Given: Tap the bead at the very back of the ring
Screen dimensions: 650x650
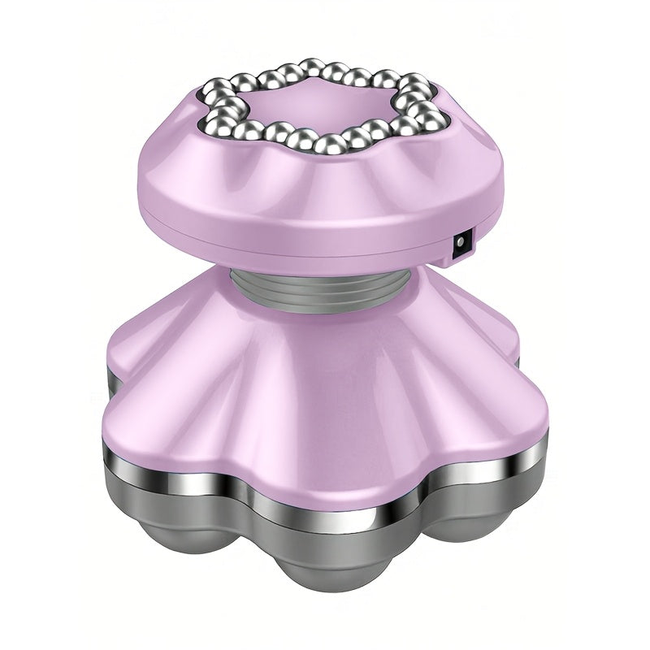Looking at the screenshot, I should (309, 67).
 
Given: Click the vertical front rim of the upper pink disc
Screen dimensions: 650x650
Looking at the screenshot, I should (325, 227).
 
